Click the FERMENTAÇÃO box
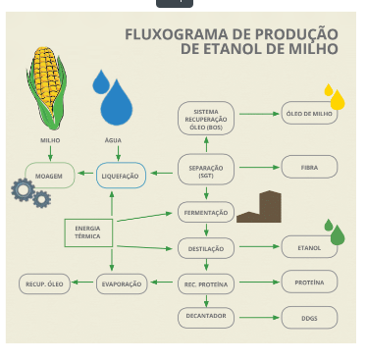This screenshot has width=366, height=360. (x=206, y=212)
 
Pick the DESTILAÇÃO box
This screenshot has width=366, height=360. (x=206, y=248)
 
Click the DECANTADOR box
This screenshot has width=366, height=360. (x=206, y=317)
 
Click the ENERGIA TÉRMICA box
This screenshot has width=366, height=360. (x=87, y=232)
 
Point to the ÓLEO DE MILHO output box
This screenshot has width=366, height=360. (x=310, y=113)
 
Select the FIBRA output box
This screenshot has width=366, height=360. (x=310, y=169)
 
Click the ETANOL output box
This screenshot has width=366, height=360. (x=309, y=248)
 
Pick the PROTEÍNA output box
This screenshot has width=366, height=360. (x=309, y=283)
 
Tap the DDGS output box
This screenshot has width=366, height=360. (x=309, y=318)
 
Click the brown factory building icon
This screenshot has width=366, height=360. (x=259, y=206)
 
